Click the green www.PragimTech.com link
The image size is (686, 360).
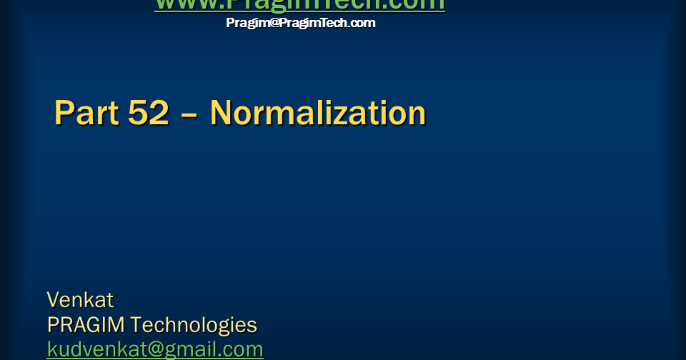[299, 5]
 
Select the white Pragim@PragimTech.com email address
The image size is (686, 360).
[300, 23]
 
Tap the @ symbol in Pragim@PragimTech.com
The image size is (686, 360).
[273, 23]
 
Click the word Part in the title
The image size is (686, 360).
[83, 114]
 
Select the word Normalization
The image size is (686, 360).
[318, 114]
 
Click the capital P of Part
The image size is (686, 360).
[65, 114]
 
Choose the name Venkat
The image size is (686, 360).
[80, 300]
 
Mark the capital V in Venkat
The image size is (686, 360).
[53, 300]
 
